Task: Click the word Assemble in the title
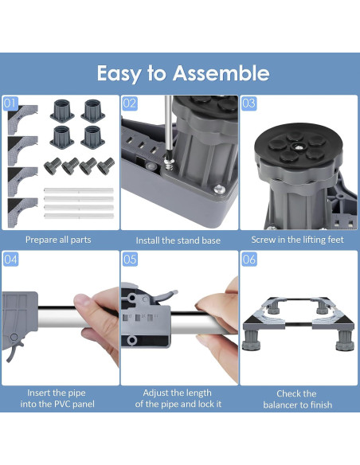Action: [221, 73]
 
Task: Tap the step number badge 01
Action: [10, 104]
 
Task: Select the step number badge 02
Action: [130, 104]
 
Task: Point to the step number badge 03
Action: [248, 104]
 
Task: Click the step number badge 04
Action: [10, 260]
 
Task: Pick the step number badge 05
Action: [130, 260]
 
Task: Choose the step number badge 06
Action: [248, 260]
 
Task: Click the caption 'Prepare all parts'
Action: [58, 240]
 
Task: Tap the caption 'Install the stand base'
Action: [178, 240]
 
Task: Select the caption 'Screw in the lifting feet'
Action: [297, 240]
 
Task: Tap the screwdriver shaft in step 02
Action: [168, 127]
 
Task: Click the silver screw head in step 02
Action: [219, 189]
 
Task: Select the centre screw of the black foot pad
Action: [298, 147]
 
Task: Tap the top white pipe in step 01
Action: [79, 190]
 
